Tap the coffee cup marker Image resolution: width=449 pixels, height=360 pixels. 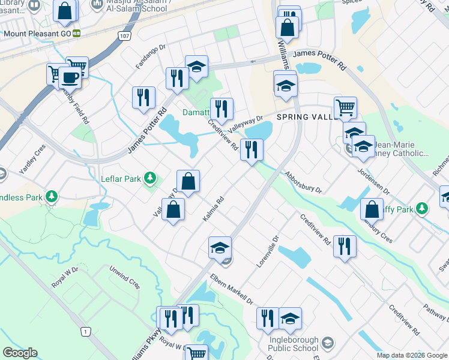tap(70, 78)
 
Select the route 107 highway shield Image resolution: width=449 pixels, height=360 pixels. tap(124, 36)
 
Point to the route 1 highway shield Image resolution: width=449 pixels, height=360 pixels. tap(86, 331)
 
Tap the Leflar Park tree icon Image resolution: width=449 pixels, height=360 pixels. tap(150, 178)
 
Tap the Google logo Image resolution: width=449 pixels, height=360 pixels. tap(20, 353)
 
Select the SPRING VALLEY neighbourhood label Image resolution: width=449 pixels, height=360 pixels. tap(307, 118)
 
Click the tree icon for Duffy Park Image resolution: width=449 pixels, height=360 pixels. tap(423, 209)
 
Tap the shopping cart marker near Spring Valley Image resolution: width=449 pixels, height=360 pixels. tap(345, 108)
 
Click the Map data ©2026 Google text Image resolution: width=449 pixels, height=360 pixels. tap(411, 355)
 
